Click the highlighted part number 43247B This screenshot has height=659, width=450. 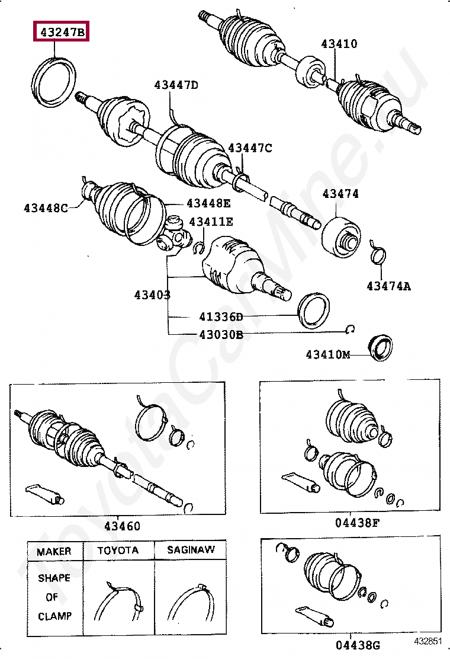click(62, 32)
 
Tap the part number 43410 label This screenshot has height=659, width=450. click(339, 43)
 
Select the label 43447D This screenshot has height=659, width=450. click(176, 85)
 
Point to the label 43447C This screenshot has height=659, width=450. click(250, 148)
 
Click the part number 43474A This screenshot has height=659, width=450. click(388, 286)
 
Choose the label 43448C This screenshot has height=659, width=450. click(46, 207)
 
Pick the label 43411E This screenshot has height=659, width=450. click(210, 222)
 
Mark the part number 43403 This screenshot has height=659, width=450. click(152, 295)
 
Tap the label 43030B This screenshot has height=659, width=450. click(221, 334)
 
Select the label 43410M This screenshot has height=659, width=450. click(328, 354)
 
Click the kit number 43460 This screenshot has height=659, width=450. click(123, 526)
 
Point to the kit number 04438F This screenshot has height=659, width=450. click(356, 523)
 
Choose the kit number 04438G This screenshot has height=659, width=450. click(356, 644)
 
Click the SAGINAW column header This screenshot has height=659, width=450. click(191, 550)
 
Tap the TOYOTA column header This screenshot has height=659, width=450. click(118, 550)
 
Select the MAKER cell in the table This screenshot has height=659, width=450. click(53, 551)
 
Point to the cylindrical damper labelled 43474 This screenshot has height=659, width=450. click(341, 238)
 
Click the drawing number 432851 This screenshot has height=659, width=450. click(428, 641)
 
